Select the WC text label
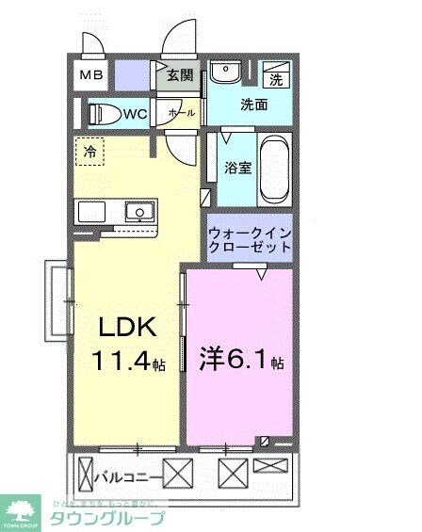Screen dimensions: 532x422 point(135,115)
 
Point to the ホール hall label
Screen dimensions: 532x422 point(181,113)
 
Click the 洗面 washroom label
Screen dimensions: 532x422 point(252,105)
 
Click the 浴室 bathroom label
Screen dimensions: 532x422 point(236,169)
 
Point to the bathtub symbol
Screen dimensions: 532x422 point(275,169)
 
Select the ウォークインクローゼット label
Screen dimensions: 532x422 point(252,239)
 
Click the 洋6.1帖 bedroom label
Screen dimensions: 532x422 point(242,361)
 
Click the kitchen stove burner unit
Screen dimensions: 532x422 point(93,210)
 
